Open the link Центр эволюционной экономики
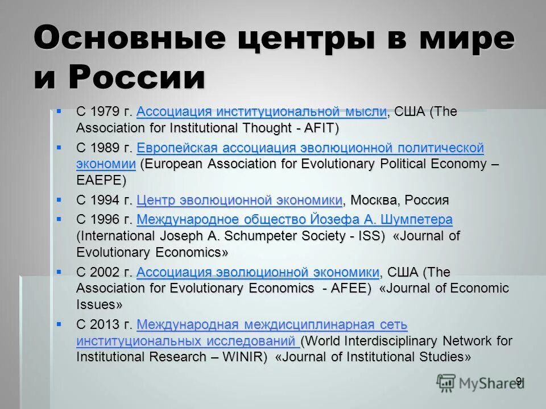239,200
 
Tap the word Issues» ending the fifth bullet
99,304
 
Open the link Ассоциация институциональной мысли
262,112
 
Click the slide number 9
519,381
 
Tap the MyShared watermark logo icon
446,383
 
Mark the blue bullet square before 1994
58,199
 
